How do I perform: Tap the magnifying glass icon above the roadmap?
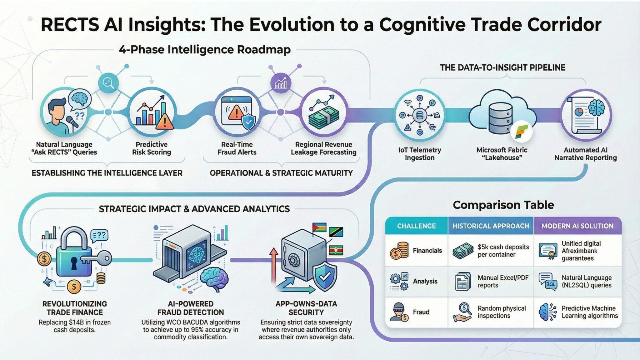[x=108, y=83]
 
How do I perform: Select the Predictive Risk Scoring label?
[x=152, y=148]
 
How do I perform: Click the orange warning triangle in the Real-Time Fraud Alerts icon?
[x=236, y=112]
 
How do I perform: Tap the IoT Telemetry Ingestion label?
[x=419, y=154]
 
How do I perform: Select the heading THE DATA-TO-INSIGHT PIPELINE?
[x=502, y=67]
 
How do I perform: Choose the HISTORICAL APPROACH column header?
[x=491, y=226]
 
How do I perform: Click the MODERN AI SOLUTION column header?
[x=577, y=226]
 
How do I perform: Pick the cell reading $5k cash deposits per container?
[x=503, y=251]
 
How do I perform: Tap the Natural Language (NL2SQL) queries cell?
[x=586, y=281]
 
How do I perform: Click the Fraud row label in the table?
[x=421, y=312]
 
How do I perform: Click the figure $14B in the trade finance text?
[x=77, y=322]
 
